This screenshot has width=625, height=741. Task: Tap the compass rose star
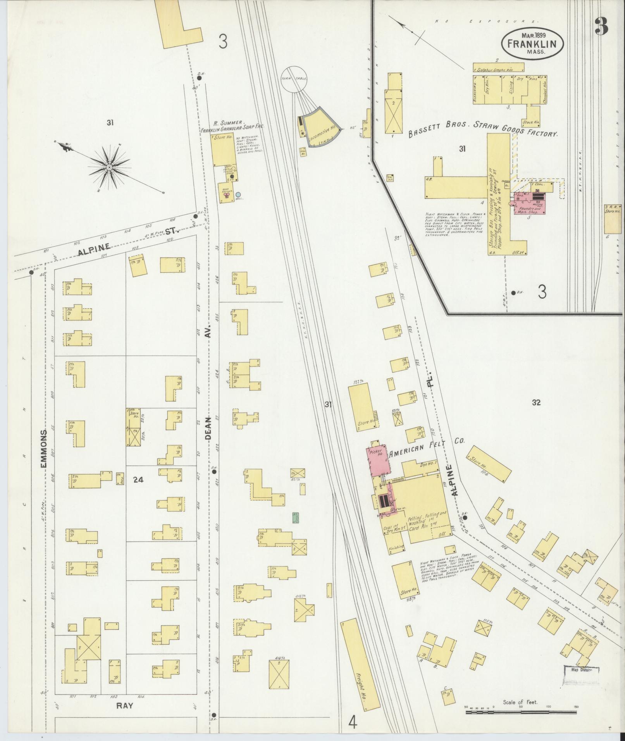(x=110, y=167)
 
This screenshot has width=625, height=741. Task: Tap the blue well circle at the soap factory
(x=238, y=194)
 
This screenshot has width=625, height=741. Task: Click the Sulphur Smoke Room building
(x=498, y=69)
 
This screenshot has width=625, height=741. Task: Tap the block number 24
(x=138, y=480)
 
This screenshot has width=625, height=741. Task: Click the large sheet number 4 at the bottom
(x=352, y=722)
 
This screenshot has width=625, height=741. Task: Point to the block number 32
(x=536, y=402)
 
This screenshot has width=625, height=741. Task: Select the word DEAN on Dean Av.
(x=208, y=429)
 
